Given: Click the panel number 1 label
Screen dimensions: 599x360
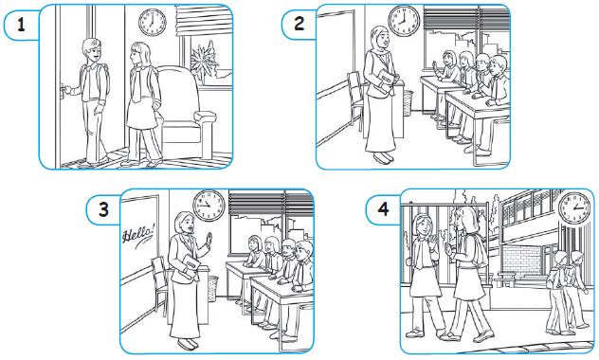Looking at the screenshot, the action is (22, 25).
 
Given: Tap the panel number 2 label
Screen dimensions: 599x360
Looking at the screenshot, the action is (299, 24).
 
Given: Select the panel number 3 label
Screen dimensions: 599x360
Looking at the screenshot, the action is (103, 209).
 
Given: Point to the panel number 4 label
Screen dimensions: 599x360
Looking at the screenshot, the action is (383, 209).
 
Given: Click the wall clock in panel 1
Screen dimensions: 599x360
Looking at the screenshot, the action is (152, 23).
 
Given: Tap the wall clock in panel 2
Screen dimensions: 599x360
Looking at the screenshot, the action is (404, 20).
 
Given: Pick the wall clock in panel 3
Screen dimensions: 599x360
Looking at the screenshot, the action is (209, 206).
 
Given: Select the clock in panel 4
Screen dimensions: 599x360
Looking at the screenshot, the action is (574, 208).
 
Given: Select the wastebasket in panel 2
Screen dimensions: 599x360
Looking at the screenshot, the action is (408, 102).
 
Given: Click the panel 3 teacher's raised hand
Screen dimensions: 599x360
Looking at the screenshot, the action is (209, 240).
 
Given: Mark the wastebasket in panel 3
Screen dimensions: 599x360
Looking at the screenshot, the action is (212, 288).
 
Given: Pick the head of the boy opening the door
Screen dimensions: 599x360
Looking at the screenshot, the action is (92, 50).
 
